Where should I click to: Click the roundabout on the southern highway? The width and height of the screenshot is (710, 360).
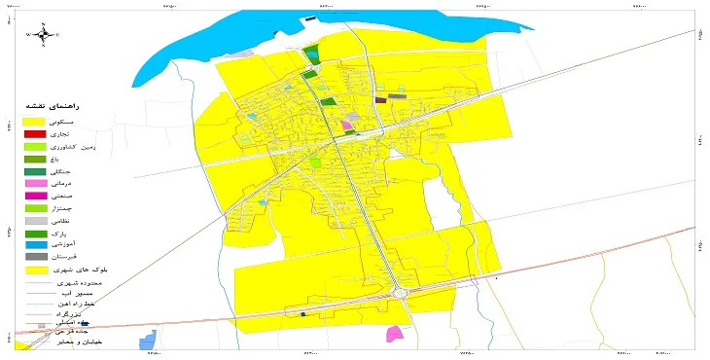tap(400, 292)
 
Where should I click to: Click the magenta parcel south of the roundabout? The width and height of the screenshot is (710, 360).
tap(395, 334)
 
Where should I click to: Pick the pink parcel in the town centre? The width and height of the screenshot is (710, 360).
tap(347, 125)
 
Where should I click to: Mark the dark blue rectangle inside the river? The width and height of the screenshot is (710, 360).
tap(311, 18)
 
